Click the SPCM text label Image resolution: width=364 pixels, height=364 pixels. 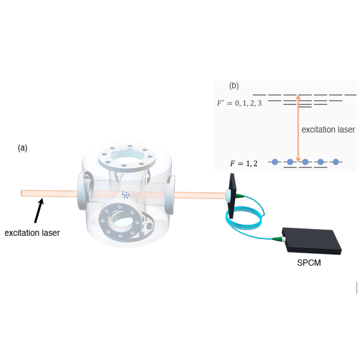[x=309, y=263]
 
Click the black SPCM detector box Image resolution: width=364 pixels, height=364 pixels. [x=312, y=241]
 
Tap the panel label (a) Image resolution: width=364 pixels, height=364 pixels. [x=22, y=147]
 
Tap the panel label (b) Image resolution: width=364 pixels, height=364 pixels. [x=234, y=86]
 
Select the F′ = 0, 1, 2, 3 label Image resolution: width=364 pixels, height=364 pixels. [x=239, y=103]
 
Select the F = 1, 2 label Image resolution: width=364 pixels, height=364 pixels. [x=244, y=164]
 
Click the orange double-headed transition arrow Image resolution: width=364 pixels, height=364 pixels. [x=298, y=128]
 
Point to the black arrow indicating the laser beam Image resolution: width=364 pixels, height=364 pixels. [x=39, y=210]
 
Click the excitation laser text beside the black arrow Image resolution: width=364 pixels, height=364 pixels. [x=32, y=233]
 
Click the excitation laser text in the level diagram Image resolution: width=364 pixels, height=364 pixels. [x=328, y=129]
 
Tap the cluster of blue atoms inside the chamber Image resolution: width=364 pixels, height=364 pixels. [x=126, y=195]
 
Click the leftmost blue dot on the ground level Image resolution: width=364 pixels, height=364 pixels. [x=275, y=162]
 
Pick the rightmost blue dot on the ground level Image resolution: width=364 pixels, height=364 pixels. [x=335, y=162]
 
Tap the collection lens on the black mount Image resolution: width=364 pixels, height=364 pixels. [x=228, y=195]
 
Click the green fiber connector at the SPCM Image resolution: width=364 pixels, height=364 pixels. [x=278, y=239]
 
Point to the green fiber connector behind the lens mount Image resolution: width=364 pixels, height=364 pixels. [x=240, y=196]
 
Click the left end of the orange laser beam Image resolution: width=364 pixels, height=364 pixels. [x=22, y=193]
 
